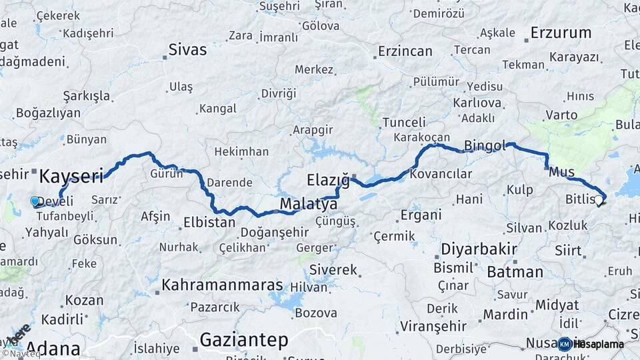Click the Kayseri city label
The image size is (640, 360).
[71, 176]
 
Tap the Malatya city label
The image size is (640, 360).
[308, 203]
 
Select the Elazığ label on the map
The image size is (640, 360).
[328, 180]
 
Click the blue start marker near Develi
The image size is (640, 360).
[35, 201]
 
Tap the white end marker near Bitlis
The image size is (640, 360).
[599, 199]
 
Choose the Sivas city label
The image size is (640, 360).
[187, 49]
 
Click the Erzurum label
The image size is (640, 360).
[561, 32]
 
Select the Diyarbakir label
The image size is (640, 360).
[479, 249]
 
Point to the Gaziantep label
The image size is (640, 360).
[243, 340]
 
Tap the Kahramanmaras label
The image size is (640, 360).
[223, 285]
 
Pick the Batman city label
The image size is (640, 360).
[515, 271]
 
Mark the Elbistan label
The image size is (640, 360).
[209, 222]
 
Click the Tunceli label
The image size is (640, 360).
[404, 122]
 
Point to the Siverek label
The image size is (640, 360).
[333, 270]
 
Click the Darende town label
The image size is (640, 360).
[229, 182]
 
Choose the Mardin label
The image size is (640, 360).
[496, 314]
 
